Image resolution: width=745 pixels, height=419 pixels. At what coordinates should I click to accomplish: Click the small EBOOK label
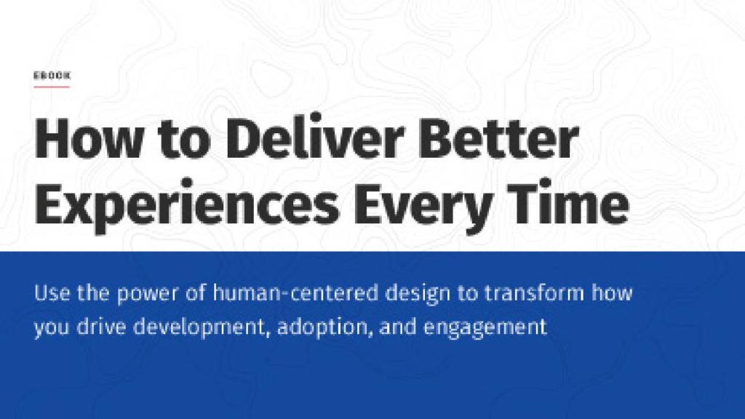[x=52, y=75]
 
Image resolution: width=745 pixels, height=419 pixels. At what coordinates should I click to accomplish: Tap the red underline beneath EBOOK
[x=52, y=87]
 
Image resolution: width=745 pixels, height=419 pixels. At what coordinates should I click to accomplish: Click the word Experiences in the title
[x=186, y=205]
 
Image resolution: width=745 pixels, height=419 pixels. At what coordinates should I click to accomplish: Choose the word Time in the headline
[x=567, y=201]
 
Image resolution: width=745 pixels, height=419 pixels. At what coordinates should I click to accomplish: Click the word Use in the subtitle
[x=52, y=292]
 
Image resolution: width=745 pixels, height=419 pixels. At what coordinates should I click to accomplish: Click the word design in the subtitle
[x=418, y=294]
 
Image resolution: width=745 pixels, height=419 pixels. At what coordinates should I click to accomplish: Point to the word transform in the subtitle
[x=534, y=292]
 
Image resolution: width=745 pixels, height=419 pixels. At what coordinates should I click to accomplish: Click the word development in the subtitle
[x=201, y=328]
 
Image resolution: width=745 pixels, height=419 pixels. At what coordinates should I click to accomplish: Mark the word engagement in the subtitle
[x=485, y=329]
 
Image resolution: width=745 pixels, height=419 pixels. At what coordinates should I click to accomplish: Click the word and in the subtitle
[x=398, y=327]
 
